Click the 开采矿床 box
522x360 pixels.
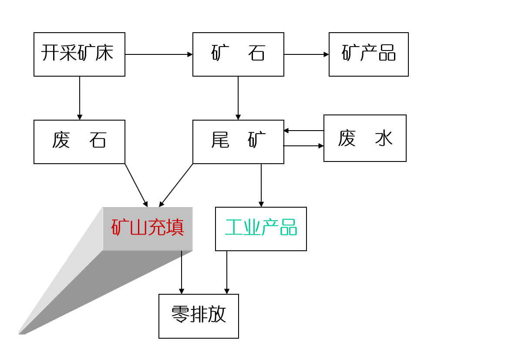(x=79, y=54)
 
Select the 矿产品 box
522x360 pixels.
(x=368, y=54)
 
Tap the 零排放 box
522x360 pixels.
(x=199, y=316)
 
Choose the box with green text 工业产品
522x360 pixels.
(x=261, y=229)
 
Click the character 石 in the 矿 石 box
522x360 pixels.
(x=257, y=53)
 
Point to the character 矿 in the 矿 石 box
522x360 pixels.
(x=220, y=53)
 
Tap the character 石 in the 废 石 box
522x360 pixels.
(x=98, y=140)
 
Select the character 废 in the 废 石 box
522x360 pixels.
(x=61, y=140)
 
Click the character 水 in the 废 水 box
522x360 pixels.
(x=384, y=138)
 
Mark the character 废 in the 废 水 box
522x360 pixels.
(x=347, y=138)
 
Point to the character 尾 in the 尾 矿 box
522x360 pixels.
(x=220, y=140)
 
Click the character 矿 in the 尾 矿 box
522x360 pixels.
(x=257, y=140)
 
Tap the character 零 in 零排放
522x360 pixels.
(x=180, y=314)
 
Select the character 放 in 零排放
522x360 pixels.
(x=217, y=314)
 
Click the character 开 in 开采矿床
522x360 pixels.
(x=50, y=53)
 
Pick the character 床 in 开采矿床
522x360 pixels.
(x=105, y=53)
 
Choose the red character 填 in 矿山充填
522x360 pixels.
(x=175, y=227)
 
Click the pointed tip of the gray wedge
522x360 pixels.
(x=20, y=333)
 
